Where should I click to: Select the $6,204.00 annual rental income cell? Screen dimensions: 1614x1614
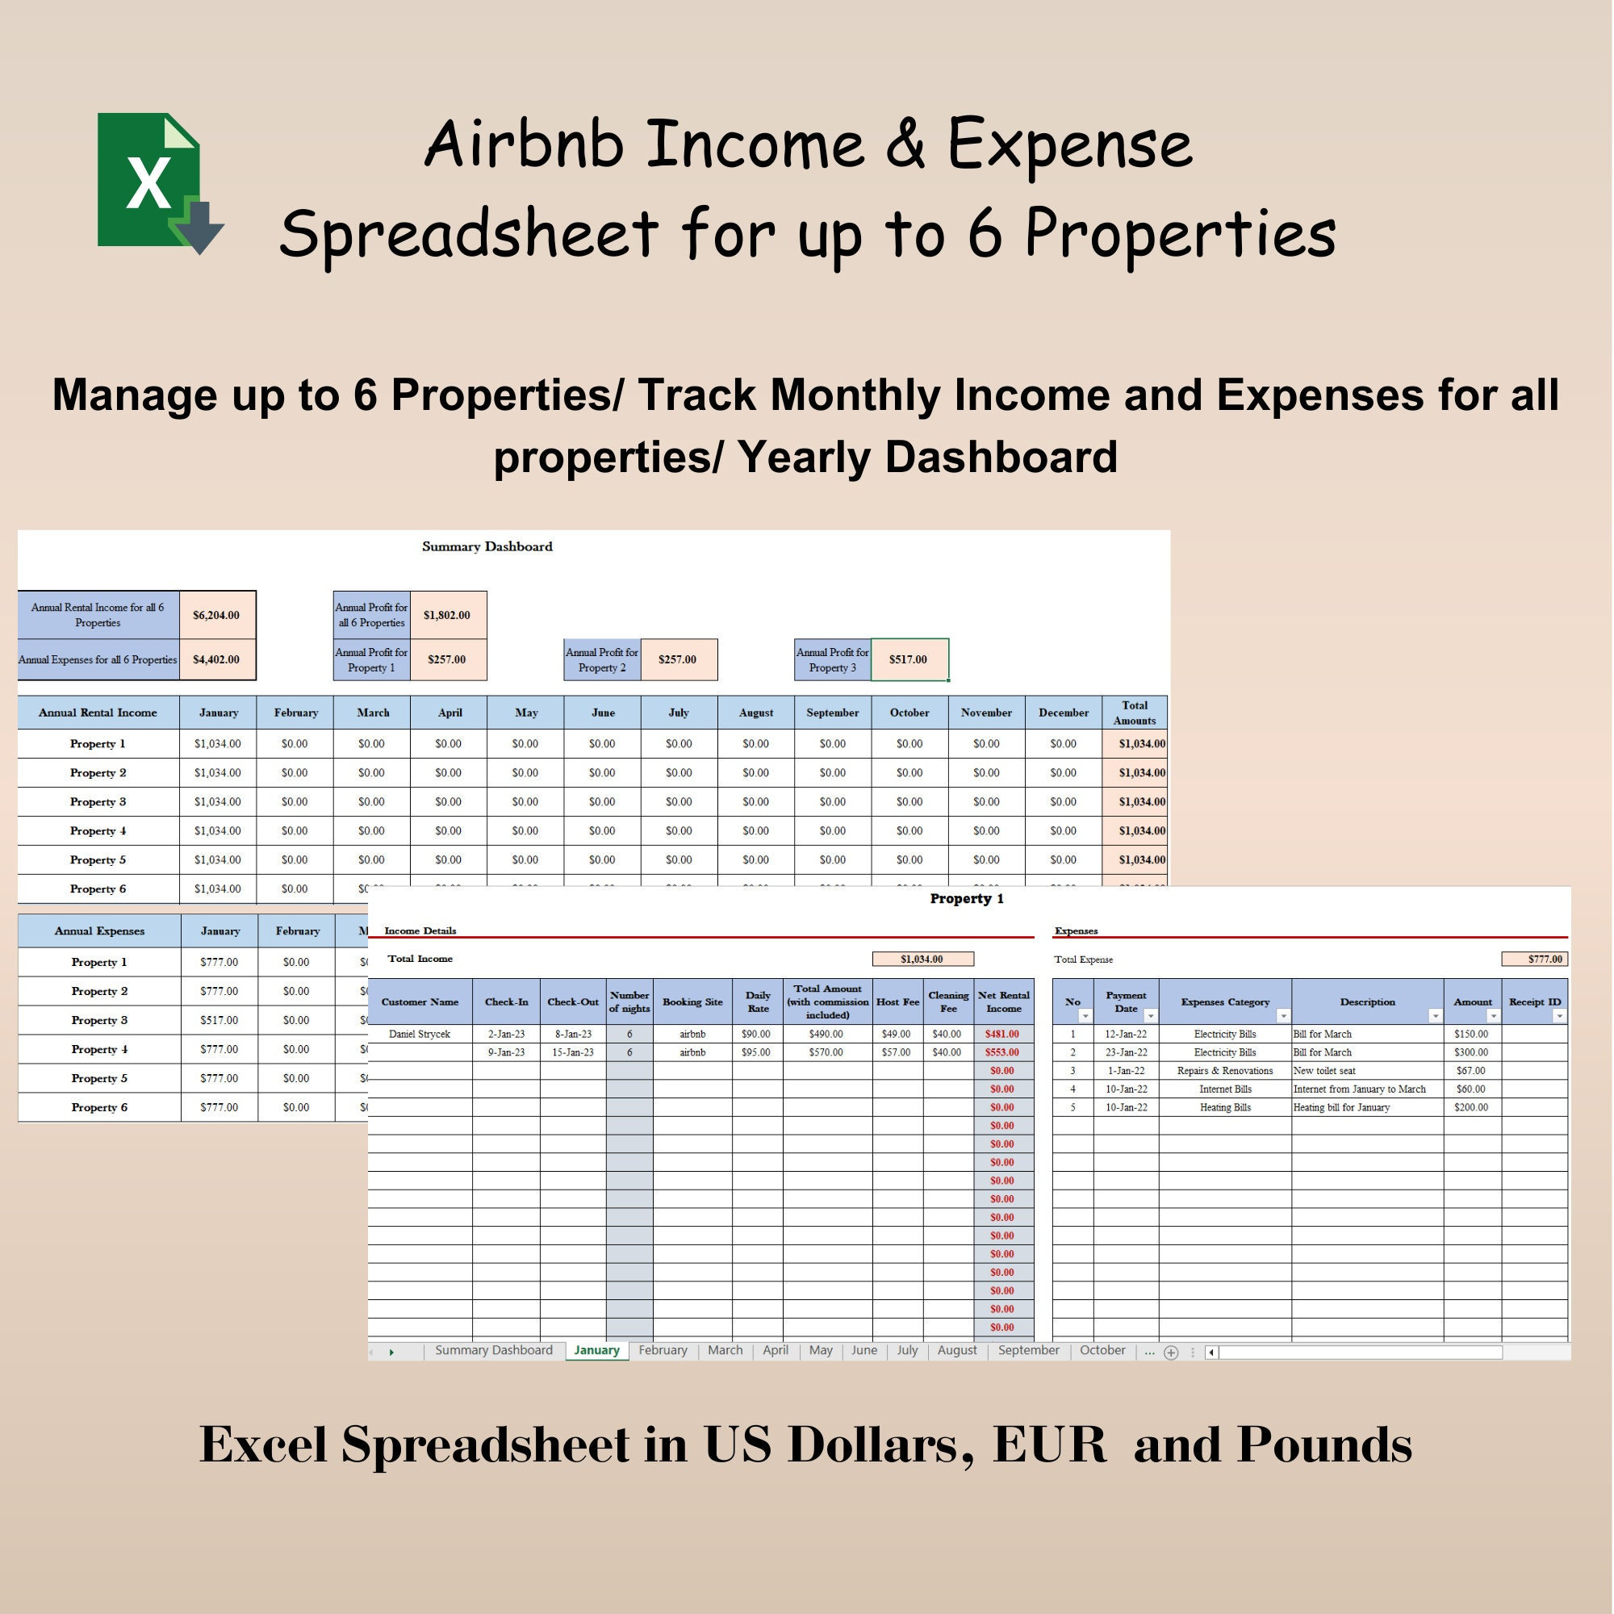point(216,615)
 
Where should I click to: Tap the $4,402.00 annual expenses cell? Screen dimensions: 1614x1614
point(216,659)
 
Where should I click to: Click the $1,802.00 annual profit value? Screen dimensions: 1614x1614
point(447,615)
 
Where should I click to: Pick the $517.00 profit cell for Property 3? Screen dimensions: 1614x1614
point(908,659)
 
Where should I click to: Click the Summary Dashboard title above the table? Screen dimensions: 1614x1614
point(487,546)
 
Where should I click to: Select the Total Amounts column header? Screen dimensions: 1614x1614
point(1135,713)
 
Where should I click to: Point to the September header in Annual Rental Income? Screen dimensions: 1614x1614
point(832,713)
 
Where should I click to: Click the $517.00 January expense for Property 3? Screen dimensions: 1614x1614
point(219,1020)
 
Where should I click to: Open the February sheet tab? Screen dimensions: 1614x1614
point(663,1350)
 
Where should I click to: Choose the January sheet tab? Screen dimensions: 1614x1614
point(596,1350)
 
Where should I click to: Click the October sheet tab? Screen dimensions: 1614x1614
point(1102,1350)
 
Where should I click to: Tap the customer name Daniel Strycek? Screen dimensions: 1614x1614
point(420,1035)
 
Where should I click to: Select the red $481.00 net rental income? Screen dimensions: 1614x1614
point(1001,1035)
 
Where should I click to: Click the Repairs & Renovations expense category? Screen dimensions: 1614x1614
point(1225,1071)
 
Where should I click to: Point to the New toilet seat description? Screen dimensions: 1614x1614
point(1324,1071)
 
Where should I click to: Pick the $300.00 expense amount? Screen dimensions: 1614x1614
point(1471,1052)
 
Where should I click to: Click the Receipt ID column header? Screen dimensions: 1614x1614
point(1535,1001)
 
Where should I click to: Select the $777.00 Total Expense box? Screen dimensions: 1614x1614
point(1535,959)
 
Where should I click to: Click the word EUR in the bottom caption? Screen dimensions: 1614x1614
point(1049,1445)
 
